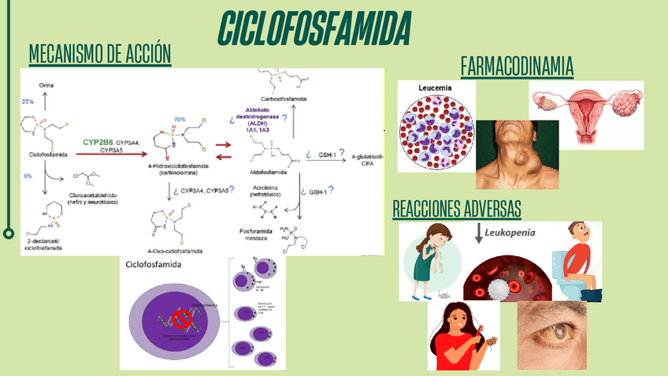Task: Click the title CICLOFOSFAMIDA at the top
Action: point(314,29)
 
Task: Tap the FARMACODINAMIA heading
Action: point(517,66)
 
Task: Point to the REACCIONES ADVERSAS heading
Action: point(456,209)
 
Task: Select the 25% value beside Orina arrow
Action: point(28,102)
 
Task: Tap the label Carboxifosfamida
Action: point(283,99)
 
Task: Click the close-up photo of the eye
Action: point(551,335)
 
